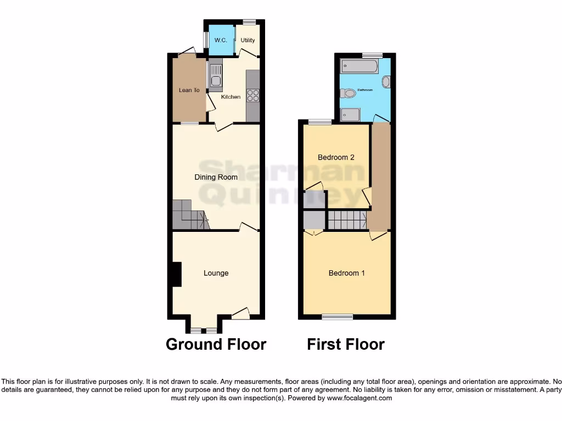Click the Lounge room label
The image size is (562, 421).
pos(216,273)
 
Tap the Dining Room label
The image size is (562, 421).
pos(216,177)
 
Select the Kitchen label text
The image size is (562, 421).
pos(231,97)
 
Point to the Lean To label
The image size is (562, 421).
pos(189,90)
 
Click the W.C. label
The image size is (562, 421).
pos(221,41)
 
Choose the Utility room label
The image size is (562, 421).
pos(248,41)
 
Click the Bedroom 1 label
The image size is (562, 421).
pos(346,273)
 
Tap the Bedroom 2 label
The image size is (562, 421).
pos(336,157)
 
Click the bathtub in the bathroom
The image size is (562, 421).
pos(359,67)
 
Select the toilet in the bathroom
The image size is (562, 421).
pos(348,94)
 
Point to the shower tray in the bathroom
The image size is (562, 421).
pos(350,115)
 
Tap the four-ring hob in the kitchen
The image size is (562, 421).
pos(253,95)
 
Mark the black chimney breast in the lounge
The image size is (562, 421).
pos(176,274)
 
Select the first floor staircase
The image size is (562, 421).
pos(347,220)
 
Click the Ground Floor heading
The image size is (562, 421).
pos(216,344)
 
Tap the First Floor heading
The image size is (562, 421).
pos(346,344)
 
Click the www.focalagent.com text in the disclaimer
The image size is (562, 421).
pos(359,399)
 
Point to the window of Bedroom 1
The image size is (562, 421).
pos(337,316)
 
